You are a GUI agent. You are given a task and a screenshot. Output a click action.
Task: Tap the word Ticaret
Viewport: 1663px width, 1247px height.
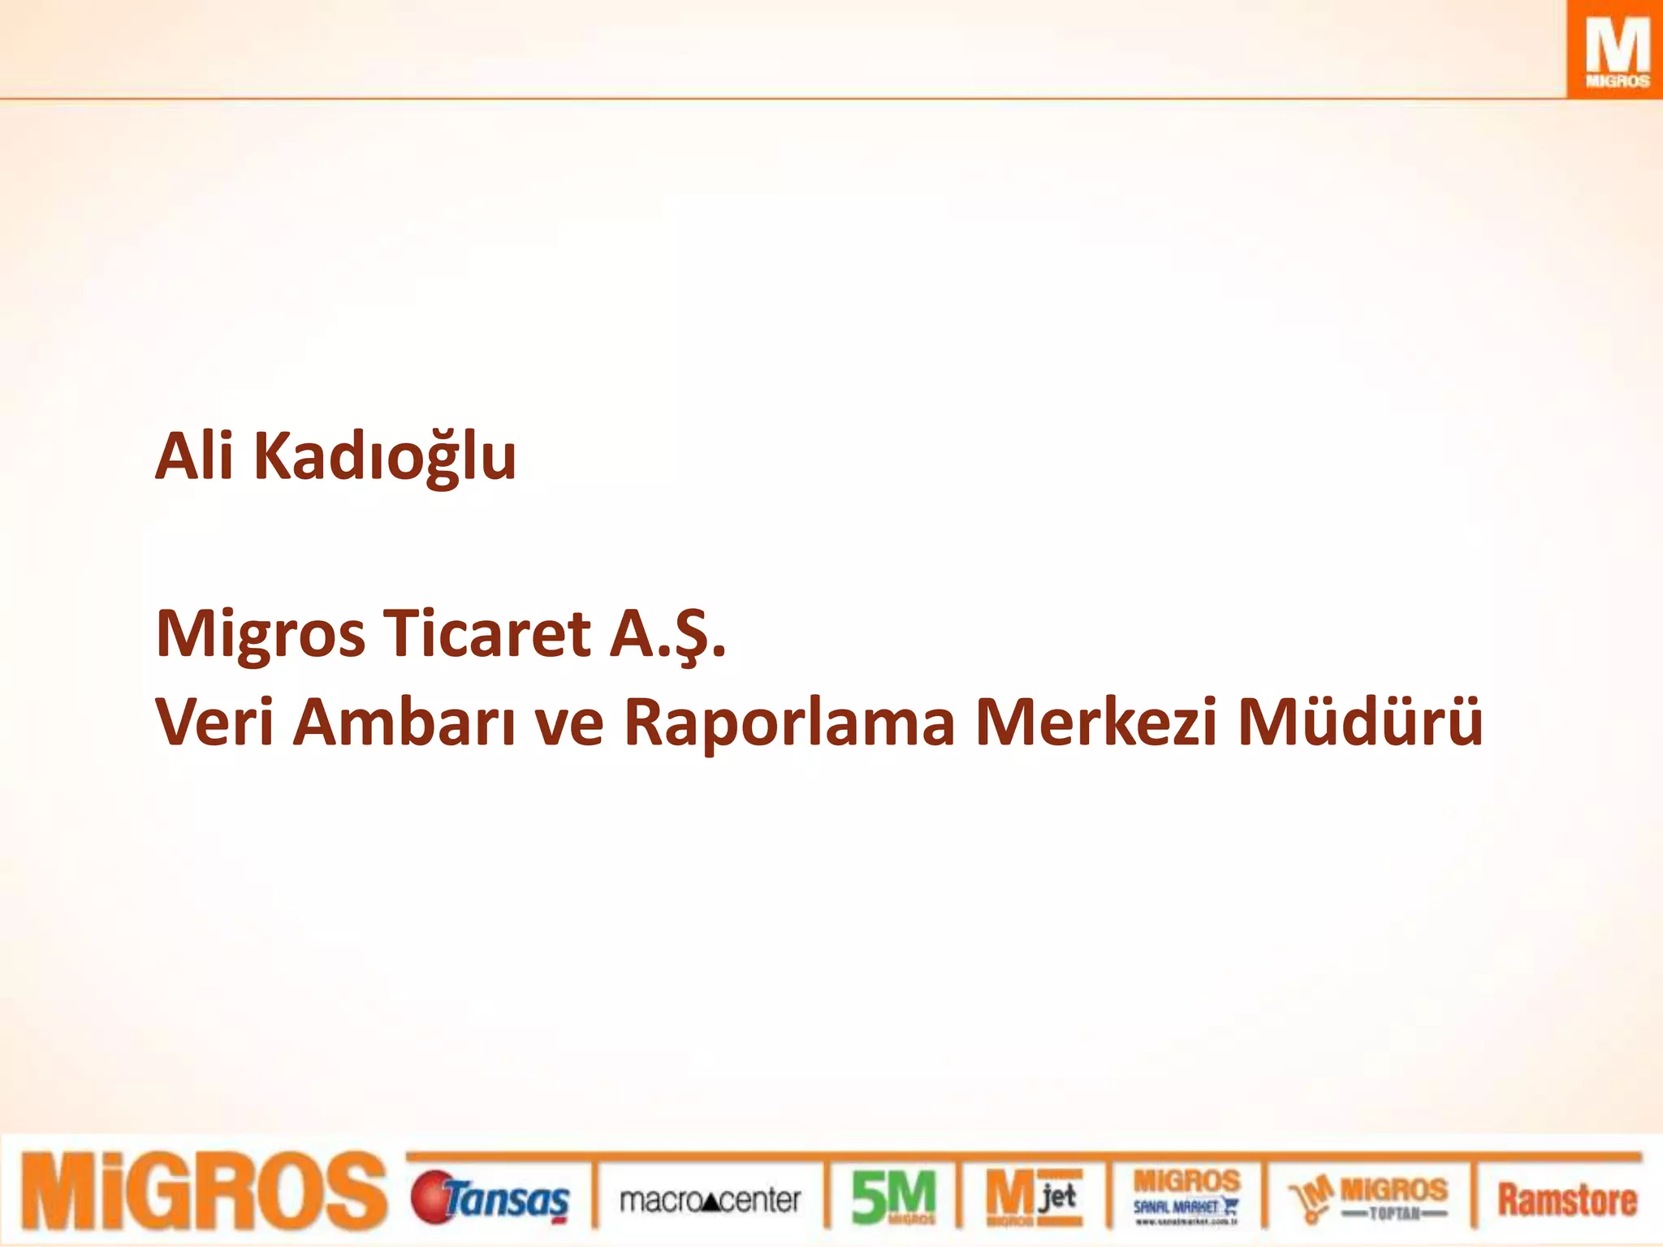pos(487,633)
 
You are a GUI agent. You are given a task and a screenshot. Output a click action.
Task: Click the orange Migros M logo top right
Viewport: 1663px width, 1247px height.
pos(1614,50)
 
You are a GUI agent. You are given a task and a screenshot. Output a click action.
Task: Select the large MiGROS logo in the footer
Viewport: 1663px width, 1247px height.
pos(203,1191)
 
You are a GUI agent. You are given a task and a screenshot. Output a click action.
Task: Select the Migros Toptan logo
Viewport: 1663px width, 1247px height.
pos(1369,1198)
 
